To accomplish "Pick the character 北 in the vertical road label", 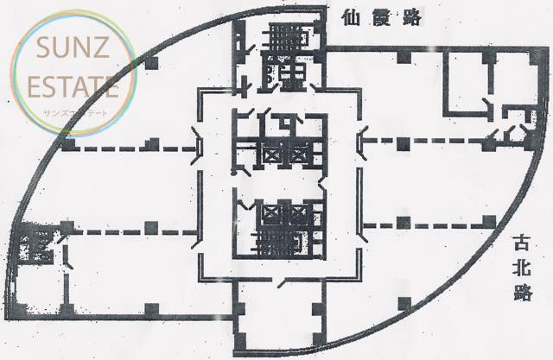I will tap(522, 267).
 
